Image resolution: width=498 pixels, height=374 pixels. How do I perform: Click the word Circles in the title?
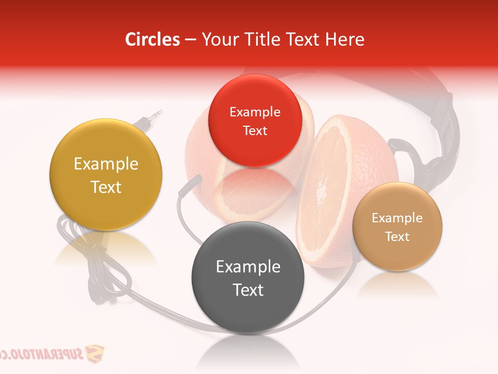[153, 39]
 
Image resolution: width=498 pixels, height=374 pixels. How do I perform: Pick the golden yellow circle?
[106, 175]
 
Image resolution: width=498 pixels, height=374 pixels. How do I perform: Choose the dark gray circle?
[248, 277]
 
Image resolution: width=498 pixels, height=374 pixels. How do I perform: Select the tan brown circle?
[397, 226]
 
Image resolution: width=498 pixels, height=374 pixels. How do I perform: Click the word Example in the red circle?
[255, 112]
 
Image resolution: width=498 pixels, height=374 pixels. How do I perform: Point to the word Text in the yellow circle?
[106, 187]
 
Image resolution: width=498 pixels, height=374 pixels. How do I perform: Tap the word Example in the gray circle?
[248, 267]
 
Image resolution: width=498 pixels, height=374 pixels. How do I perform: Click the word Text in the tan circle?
[397, 237]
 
